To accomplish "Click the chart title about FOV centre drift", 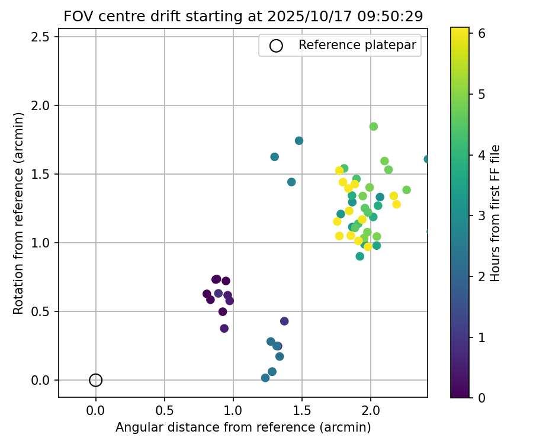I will click(243, 17).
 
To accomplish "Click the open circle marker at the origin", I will click(96, 380).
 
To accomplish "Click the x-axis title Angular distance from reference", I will click(243, 427).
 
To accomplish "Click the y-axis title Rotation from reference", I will click(19, 213).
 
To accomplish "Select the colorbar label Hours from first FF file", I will click(496, 213).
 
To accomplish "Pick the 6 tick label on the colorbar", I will click(482, 33).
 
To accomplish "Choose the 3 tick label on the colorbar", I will click(482, 215).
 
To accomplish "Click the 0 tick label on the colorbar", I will click(482, 398).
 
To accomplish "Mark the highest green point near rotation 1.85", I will click(374, 127).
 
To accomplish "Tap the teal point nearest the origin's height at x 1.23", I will click(265, 378).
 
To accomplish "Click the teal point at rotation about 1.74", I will click(299, 141).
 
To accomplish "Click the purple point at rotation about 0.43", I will click(284, 321).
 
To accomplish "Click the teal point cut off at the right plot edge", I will click(426, 159).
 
